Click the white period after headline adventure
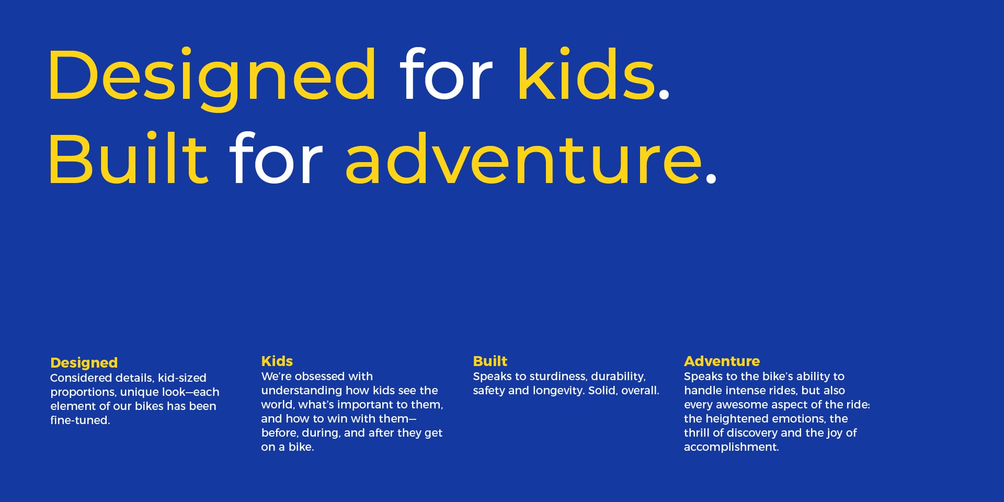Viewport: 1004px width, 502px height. [x=710, y=178]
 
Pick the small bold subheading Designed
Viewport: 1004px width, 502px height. [x=84, y=363]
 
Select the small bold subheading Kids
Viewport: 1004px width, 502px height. [x=277, y=361]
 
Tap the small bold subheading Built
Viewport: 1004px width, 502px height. [x=490, y=361]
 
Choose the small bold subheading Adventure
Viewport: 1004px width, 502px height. [x=722, y=361]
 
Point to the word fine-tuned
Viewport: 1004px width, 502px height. [x=80, y=420]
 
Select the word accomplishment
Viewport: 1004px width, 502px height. [x=732, y=447]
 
